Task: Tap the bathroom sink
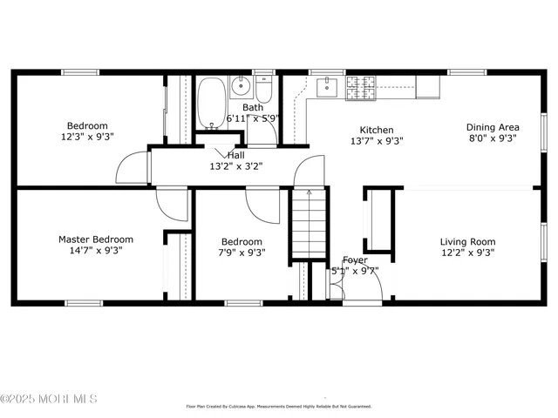pyautogui.click(x=242, y=86)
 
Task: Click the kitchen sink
pyautogui.click(x=329, y=85)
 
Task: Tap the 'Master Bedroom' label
pyautogui.click(x=96, y=239)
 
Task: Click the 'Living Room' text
pyautogui.click(x=467, y=242)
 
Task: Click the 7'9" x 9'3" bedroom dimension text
pyautogui.click(x=242, y=253)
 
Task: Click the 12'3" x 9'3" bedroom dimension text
pyautogui.click(x=87, y=137)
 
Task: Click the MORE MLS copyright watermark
pyautogui.click(x=49, y=399)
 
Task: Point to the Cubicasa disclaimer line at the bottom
pyautogui.click(x=279, y=406)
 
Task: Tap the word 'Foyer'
pyautogui.click(x=355, y=260)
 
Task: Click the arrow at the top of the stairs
pyautogui.click(x=308, y=194)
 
